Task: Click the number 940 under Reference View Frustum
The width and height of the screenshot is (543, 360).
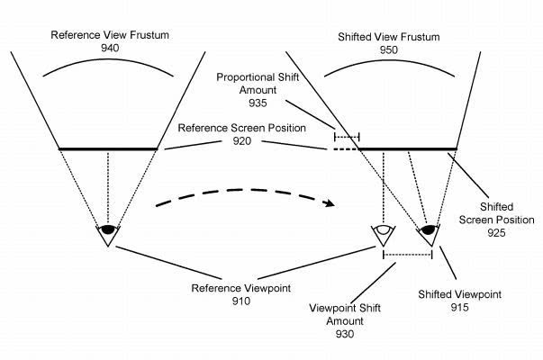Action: [110, 48]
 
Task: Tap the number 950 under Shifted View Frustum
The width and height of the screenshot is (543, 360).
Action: [388, 49]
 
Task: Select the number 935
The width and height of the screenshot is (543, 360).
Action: [258, 103]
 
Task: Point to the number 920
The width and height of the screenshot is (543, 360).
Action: [241, 141]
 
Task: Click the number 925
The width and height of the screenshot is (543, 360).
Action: [496, 232]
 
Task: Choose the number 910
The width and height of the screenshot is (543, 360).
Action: [241, 301]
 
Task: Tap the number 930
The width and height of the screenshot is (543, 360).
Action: [345, 334]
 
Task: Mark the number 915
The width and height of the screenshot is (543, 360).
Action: [459, 307]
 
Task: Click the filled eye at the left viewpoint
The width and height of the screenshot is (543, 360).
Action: [108, 229]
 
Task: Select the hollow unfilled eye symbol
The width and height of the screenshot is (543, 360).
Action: [384, 229]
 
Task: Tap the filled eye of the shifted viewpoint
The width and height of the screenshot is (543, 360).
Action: [429, 229]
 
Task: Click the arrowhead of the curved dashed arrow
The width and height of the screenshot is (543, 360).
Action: [329, 202]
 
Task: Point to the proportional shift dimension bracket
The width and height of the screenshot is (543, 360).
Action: [347, 137]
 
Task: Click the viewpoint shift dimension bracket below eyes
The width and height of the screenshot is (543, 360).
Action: [408, 255]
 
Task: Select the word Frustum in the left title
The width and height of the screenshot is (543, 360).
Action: [149, 35]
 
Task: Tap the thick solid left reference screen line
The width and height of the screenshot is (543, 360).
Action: [108, 148]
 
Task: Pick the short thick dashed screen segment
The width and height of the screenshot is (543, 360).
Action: [342, 149]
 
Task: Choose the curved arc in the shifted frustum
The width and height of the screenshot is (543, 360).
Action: [389, 62]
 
